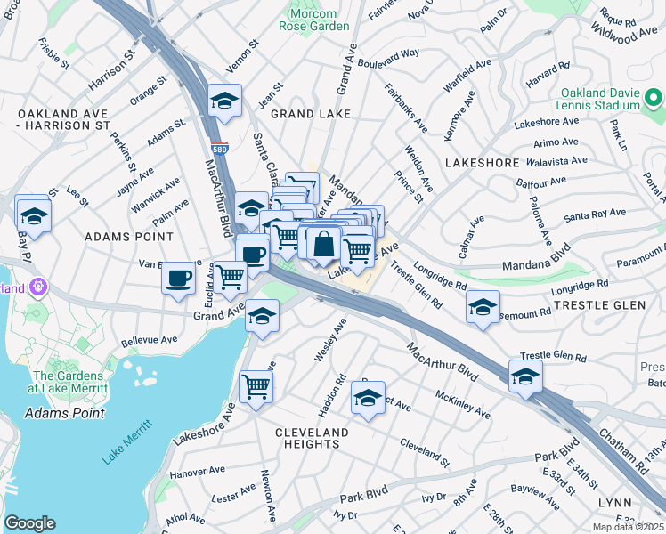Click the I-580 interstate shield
(x=218, y=147)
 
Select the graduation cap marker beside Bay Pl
(x=33, y=214)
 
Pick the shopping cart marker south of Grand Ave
(x=256, y=387)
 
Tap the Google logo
(x=29, y=523)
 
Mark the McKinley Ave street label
(x=462, y=404)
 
